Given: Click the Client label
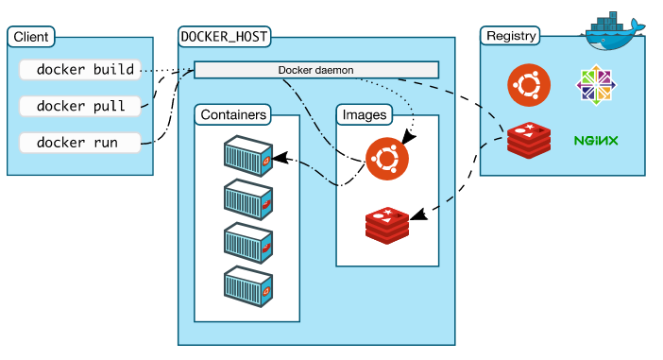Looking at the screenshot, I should [31, 38].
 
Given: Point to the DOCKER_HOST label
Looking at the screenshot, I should [224, 38].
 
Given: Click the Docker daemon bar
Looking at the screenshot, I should [316, 70].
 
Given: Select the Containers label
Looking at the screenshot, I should [232, 115].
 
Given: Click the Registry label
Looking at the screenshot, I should [511, 37].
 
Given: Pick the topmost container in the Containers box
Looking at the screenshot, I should [248, 157].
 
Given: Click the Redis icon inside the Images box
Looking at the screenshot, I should [386, 224].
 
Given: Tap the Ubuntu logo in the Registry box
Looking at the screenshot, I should [528, 86].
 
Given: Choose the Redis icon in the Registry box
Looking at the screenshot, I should [528, 140].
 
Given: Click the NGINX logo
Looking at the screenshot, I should [596, 141].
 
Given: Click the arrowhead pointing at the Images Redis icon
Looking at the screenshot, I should [417, 216].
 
